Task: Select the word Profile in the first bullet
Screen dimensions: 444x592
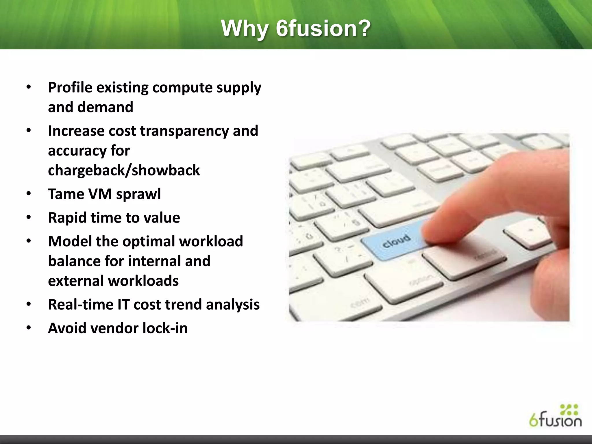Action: click(70, 87)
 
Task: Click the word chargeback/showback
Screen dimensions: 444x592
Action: click(124, 170)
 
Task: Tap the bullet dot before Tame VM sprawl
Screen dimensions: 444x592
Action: click(28, 194)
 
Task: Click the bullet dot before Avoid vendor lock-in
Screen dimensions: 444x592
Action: click(28, 328)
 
